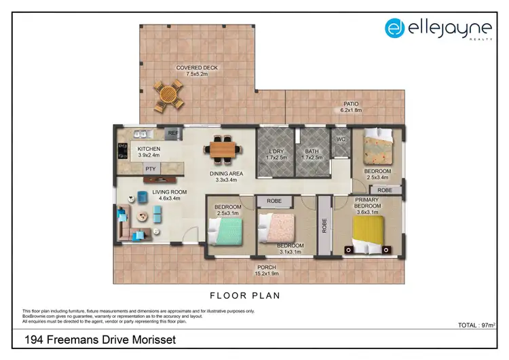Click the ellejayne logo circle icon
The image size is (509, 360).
click(x=395, y=28)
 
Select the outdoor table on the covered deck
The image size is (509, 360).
click(x=167, y=96)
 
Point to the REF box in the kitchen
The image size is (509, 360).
click(x=173, y=134)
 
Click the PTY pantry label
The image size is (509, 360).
click(x=149, y=169)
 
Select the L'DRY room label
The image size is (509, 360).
click(x=276, y=155)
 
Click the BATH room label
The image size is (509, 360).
click(x=312, y=155)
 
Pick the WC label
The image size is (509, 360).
click(x=341, y=139)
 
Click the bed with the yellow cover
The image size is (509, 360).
click(x=368, y=234)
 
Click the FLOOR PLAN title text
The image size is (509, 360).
click(x=245, y=295)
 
